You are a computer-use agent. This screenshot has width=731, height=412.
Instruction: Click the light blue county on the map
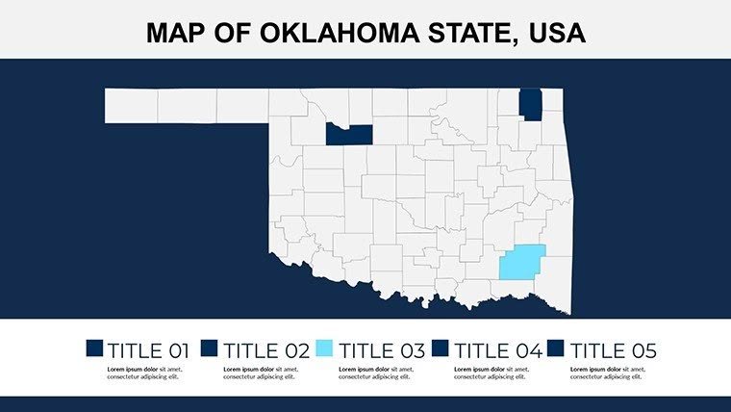click(x=522, y=261)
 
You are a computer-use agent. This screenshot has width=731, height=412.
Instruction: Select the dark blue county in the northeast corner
click(x=530, y=104)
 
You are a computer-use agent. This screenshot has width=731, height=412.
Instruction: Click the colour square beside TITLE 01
click(x=94, y=348)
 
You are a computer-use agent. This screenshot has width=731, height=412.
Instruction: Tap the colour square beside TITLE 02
click(x=210, y=348)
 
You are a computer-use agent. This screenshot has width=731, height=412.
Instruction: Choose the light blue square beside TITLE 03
click(x=325, y=348)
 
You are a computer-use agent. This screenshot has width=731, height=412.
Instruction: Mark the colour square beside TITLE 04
click(x=441, y=348)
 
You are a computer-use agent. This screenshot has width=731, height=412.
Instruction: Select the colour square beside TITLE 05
click(x=556, y=348)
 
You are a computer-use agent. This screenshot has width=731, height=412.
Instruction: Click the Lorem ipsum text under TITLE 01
click(x=144, y=373)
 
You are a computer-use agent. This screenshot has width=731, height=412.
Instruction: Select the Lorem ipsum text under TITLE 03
click(x=375, y=373)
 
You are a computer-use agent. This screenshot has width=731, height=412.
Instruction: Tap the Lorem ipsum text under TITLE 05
click(x=606, y=373)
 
